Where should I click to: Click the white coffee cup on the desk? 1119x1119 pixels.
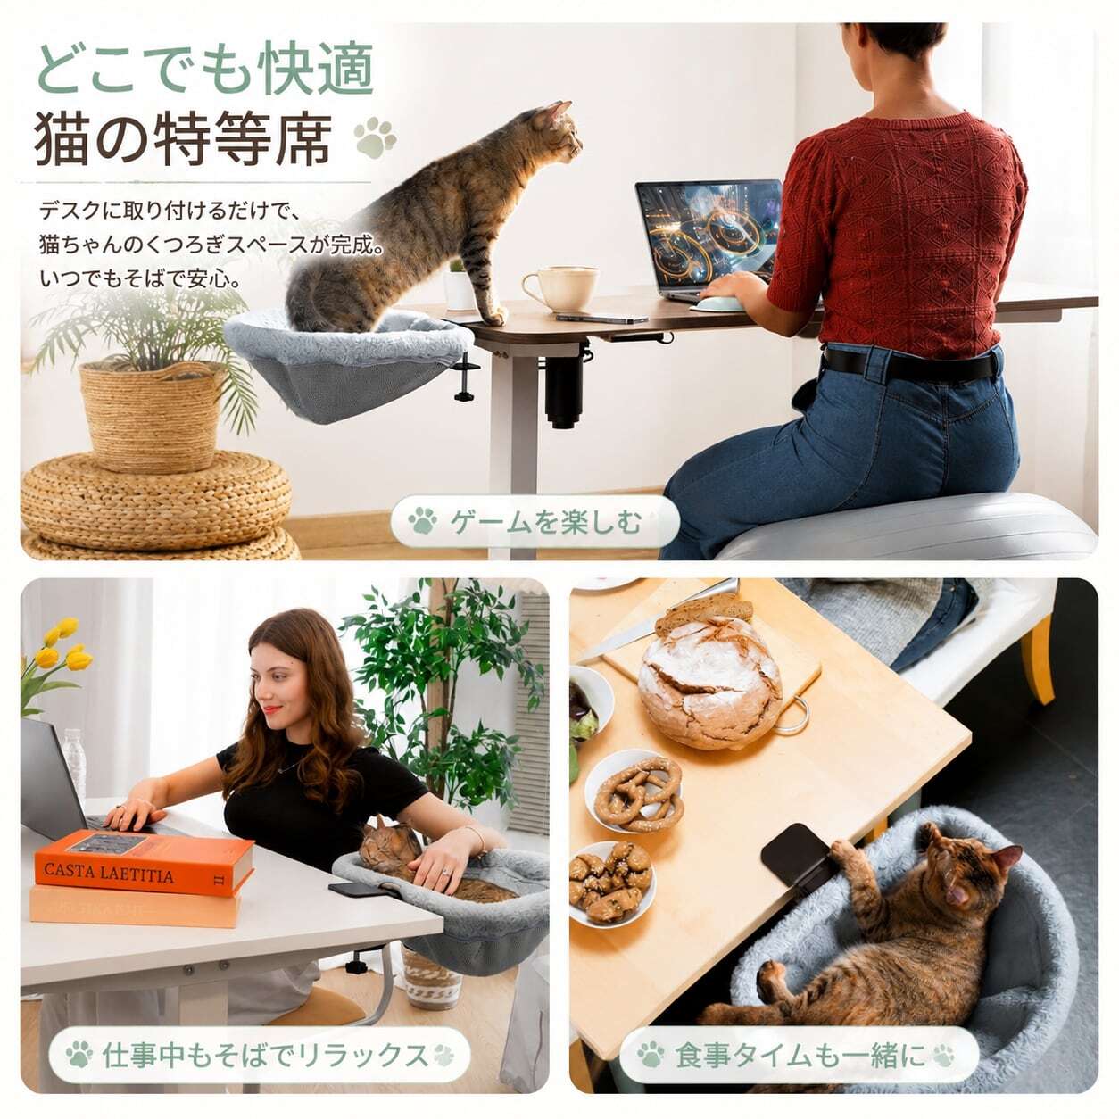click(x=559, y=288)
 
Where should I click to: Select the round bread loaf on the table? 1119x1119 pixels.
click(x=709, y=679)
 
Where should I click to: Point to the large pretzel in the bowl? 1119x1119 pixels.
click(x=639, y=792)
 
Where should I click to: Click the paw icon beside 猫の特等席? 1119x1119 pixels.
click(x=375, y=137)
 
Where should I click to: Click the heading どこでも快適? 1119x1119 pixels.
click(x=205, y=70)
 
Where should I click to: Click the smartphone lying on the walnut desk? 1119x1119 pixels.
click(x=601, y=318)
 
